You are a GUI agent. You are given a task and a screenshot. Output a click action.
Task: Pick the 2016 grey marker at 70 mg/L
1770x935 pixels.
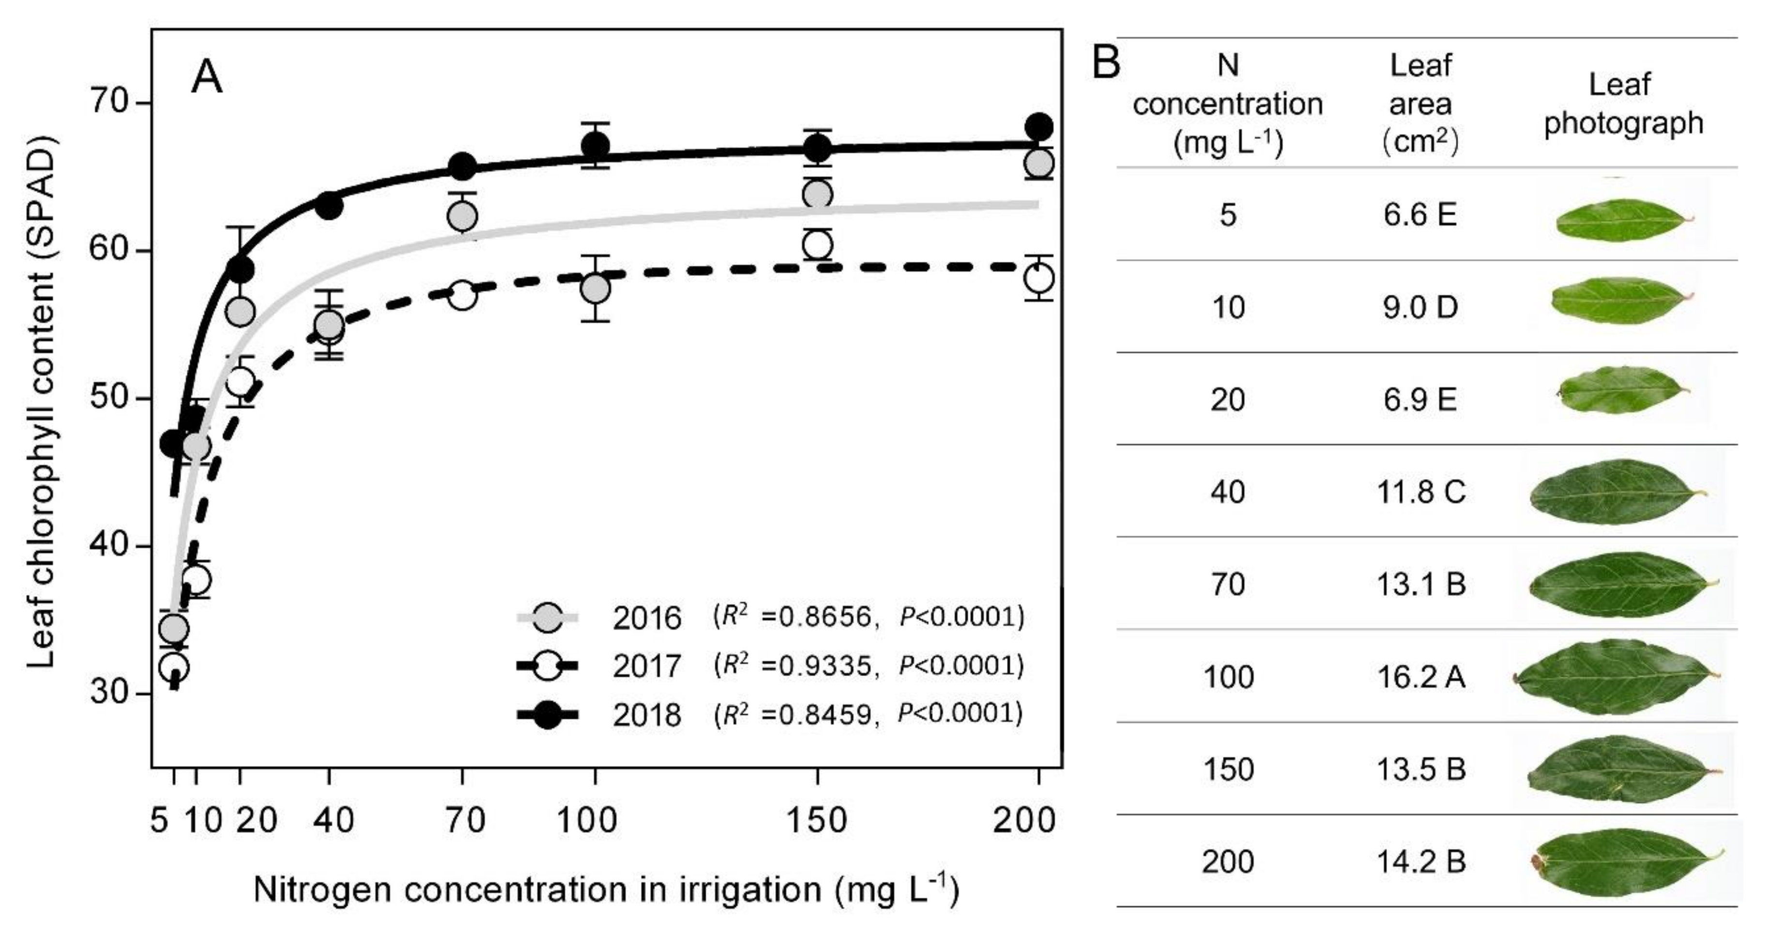point(462,216)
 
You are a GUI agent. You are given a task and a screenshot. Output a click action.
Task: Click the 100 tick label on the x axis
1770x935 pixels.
point(587,820)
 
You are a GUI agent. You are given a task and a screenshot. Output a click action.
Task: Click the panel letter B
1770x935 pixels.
point(1106,63)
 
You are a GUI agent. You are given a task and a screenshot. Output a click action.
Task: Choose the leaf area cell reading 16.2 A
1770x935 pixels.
point(1421,677)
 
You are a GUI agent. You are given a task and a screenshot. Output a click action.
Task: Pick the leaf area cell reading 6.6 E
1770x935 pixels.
point(1421,215)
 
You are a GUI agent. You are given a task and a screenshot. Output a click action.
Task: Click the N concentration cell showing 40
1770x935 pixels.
point(1228,492)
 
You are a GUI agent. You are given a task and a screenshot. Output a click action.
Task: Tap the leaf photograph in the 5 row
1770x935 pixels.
point(1623,220)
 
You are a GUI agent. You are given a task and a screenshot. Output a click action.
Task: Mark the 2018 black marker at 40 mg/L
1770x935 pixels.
point(329,206)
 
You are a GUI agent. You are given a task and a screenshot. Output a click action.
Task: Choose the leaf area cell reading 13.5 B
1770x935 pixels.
point(1421,769)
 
